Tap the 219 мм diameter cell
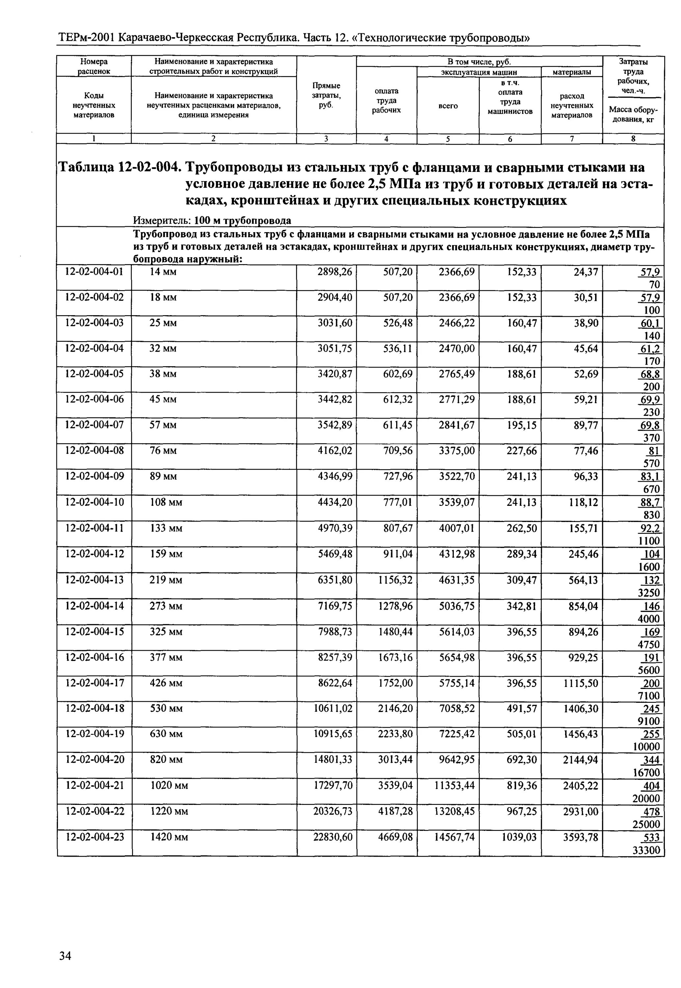[x=166, y=580]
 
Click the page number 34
[x=65, y=956]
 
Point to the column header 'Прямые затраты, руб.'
[x=326, y=96]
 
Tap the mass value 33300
[x=646, y=850]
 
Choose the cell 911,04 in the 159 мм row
[x=398, y=554]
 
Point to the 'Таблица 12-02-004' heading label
[x=117, y=167]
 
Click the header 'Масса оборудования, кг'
[x=633, y=114]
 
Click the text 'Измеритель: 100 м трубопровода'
[x=212, y=221]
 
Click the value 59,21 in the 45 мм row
[x=586, y=400]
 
